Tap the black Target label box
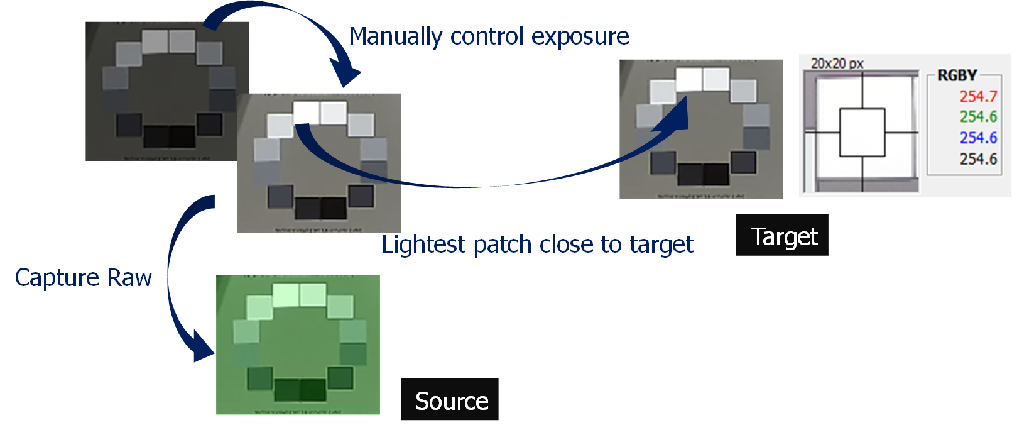tap(782, 235)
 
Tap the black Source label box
tap(450, 399)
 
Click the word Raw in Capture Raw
tap(129, 278)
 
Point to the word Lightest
tap(424, 245)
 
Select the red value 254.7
tap(977, 96)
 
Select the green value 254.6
tap(977, 117)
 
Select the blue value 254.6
tap(977, 138)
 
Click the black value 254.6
tap(977, 159)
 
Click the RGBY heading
tap(957, 75)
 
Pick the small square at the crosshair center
tap(862, 133)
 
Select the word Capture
tap(57, 278)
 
